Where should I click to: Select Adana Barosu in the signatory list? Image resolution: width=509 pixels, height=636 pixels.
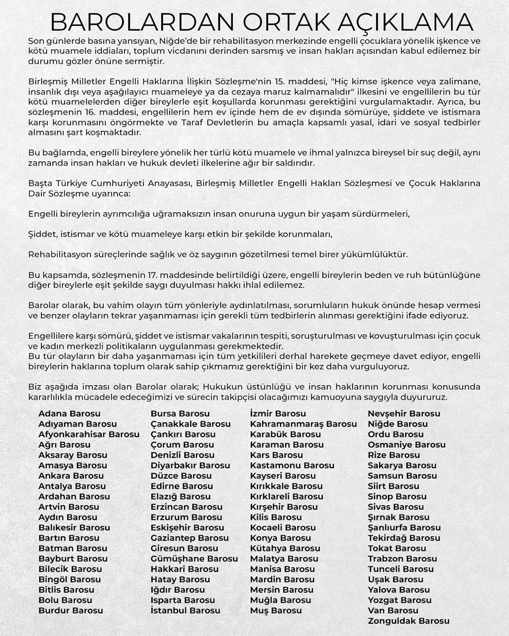69,414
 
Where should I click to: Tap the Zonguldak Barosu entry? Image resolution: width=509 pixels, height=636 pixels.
409,621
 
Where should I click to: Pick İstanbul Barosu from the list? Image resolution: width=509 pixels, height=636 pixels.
185,611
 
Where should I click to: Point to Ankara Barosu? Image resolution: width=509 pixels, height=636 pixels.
71,476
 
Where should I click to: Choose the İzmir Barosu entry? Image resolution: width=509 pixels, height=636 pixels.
278,414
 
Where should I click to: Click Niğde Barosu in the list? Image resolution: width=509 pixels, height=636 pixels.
398,424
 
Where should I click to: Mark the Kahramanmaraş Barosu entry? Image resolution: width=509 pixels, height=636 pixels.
303,424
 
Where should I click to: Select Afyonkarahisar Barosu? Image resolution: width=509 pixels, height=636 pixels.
89,435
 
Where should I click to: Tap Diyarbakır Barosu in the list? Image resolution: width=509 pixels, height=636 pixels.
190,466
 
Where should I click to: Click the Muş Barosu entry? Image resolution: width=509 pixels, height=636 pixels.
276,611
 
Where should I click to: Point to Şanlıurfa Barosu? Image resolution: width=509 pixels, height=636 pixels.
404,528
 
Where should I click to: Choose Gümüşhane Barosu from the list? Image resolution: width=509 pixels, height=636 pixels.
194,559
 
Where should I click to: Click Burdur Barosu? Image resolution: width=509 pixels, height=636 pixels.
71,611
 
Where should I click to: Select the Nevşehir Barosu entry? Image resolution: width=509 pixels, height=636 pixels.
404,414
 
